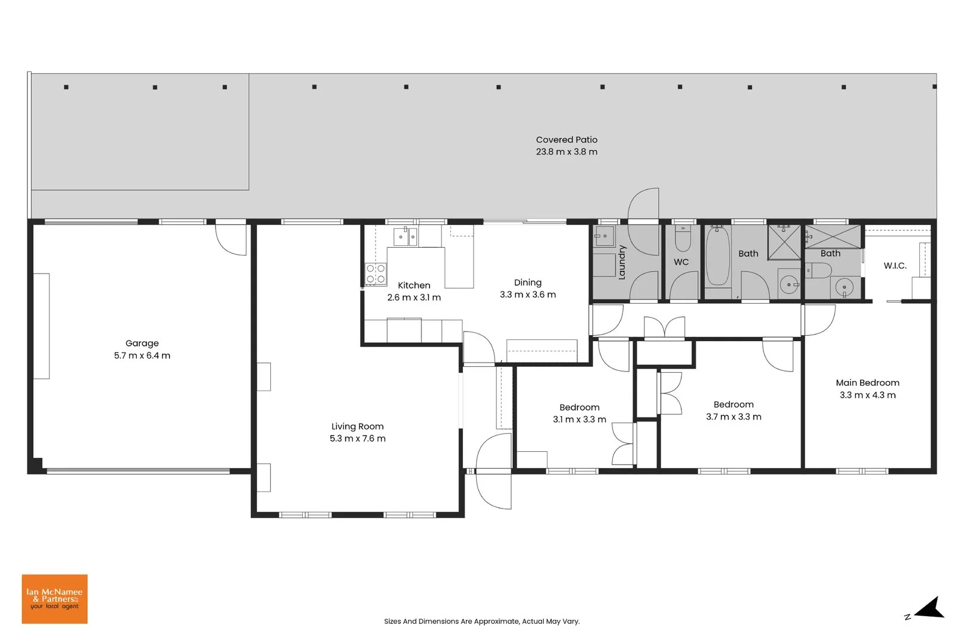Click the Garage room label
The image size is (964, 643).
pos(142,344)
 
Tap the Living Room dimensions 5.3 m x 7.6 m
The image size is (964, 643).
pos(358,439)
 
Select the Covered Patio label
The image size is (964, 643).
pos(566,140)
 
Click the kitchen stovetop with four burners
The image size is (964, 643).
pos(375,274)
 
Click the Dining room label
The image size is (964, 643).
pos(528,283)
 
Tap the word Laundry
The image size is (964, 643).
pos(622,263)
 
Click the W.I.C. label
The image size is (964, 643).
pos(895,266)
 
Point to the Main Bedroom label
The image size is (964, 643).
pos(868,383)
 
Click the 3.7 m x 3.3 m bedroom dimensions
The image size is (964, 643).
pos(734,417)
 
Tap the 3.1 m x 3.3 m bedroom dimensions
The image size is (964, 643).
pos(580,420)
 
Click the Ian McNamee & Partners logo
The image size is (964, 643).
pos(55,599)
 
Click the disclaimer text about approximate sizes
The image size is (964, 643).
pos(482,622)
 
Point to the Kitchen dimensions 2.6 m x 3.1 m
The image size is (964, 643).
pos(414,298)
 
